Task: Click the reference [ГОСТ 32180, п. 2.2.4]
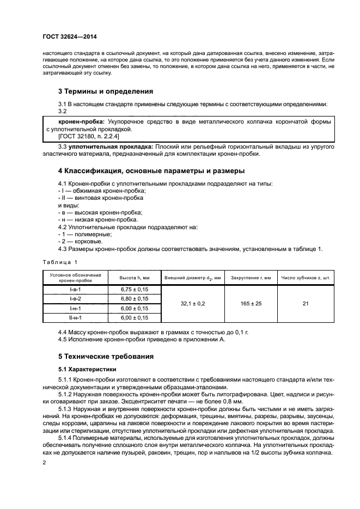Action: [x=85, y=138]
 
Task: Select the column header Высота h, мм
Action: [x=135, y=278]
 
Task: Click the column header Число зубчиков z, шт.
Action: [x=306, y=278]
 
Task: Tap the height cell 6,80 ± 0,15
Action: [x=135, y=299]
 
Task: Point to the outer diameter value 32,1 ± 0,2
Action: [x=193, y=304]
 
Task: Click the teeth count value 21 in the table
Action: [x=306, y=304]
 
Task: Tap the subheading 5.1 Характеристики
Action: [x=86, y=369]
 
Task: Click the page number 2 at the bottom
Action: [x=45, y=462]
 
